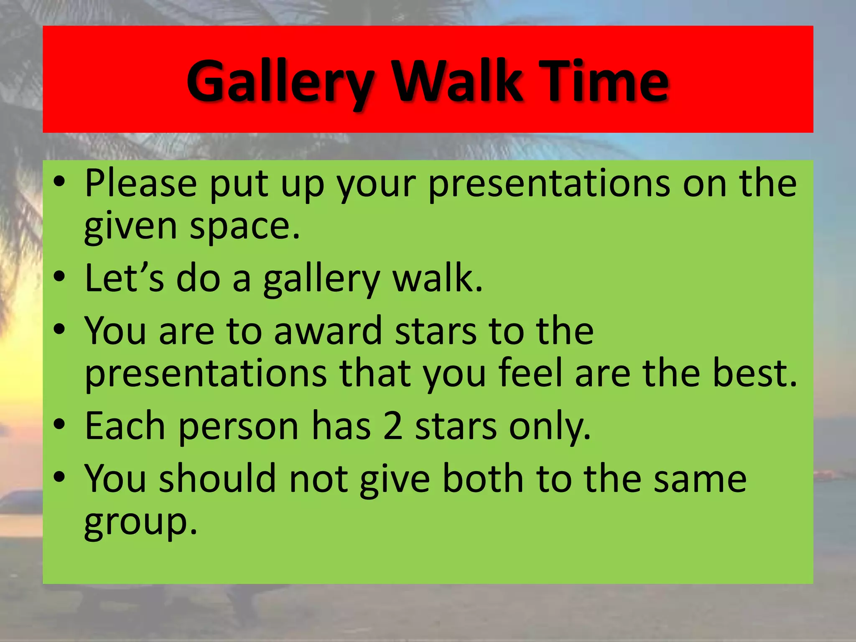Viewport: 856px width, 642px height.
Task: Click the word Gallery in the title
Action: click(x=280, y=82)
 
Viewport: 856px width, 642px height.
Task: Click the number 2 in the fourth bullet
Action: click(x=393, y=426)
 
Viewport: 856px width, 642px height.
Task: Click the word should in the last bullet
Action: click(x=217, y=479)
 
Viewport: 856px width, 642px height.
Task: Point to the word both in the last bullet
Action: click(x=483, y=479)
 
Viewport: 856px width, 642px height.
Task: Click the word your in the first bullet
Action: click(x=376, y=184)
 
